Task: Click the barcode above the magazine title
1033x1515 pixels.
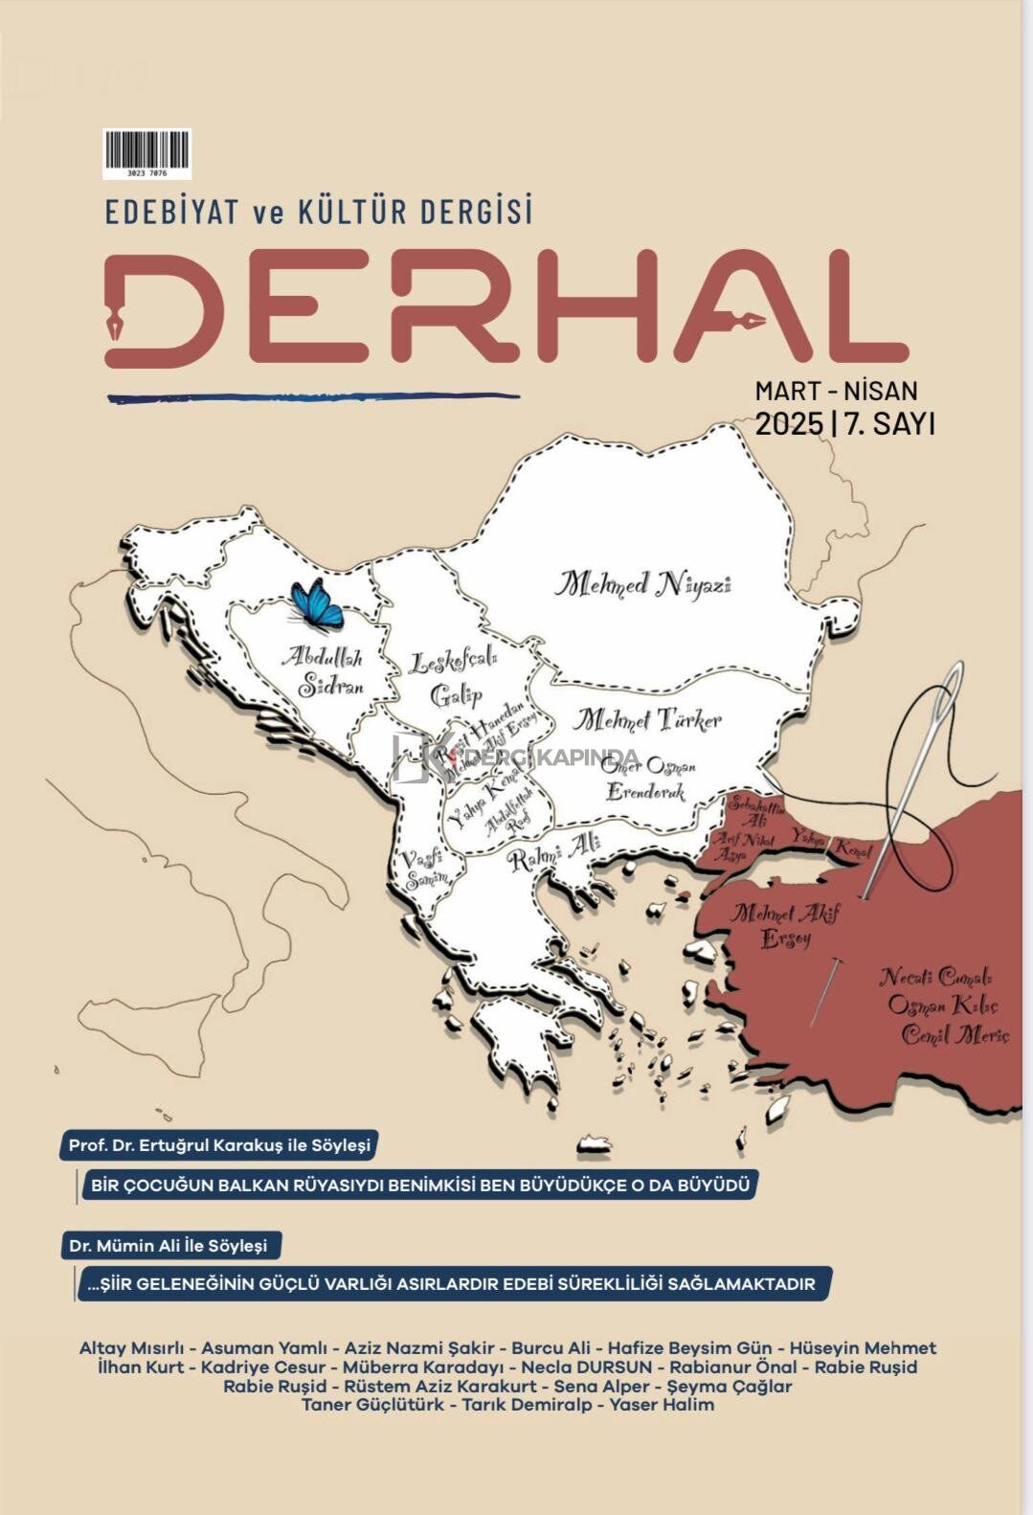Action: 146,152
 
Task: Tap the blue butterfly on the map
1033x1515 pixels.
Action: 317,603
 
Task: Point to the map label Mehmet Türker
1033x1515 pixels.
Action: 647,719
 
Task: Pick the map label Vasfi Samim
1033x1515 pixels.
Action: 424,868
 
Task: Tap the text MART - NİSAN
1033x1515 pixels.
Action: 836,391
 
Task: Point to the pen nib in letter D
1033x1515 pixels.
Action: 117,320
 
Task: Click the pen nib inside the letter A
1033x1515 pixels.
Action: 748,320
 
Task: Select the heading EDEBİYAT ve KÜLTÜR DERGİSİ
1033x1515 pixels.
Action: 319,212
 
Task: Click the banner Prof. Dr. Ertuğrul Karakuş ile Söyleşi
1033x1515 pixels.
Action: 219,1144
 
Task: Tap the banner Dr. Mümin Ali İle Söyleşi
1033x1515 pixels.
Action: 168,1246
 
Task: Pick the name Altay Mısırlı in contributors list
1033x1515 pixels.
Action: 131,1347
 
